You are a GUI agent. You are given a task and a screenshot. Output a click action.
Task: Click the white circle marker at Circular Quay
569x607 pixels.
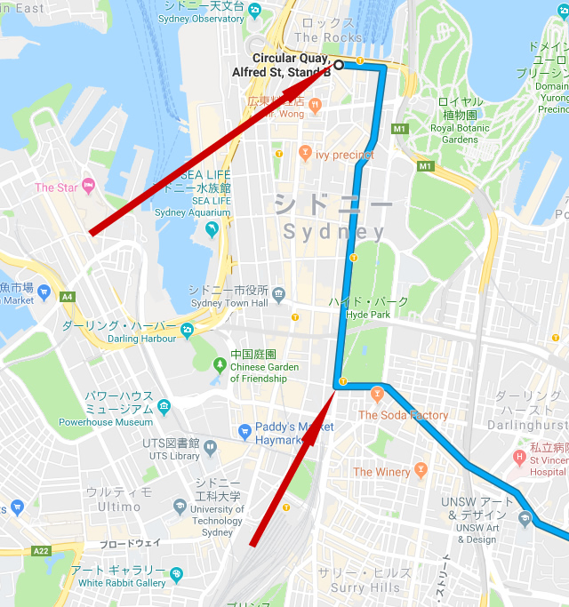[339, 64]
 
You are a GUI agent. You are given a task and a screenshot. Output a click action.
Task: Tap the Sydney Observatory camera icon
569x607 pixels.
[255, 10]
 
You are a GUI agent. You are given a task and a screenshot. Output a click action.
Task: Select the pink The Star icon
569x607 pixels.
[88, 187]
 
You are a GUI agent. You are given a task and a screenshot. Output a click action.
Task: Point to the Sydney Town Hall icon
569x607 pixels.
[279, 292]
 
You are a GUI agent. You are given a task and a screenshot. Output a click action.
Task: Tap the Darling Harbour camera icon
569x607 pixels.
[187, 331]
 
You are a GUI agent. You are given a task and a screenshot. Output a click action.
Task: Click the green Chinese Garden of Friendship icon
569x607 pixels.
[220, 364]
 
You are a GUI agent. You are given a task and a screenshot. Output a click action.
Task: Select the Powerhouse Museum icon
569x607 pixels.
[164, 408]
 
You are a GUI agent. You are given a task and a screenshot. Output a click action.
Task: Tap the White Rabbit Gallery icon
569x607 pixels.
[176, 575]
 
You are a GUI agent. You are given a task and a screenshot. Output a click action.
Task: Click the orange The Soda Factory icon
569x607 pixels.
[377, 393]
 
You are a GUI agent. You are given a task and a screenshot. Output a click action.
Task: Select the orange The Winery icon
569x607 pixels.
[421, 470]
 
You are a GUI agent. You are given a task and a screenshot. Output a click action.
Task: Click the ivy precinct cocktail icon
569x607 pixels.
[305, 154]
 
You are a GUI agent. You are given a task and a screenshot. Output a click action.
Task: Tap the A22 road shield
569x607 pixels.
[41, 551]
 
